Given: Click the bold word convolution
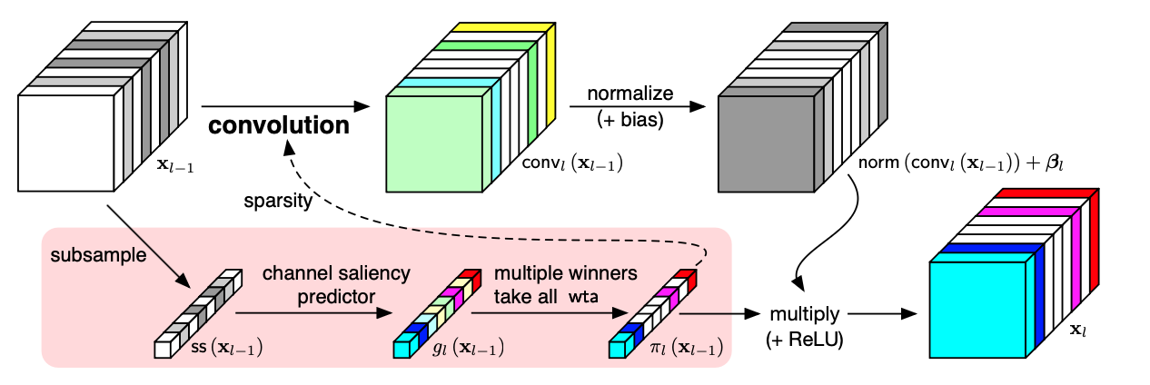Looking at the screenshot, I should [x=279, y=125].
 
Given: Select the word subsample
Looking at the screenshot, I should [x=88, y=255].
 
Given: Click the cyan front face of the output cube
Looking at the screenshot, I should [x=979, y=311].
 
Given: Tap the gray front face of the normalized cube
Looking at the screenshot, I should [x=765, y=145].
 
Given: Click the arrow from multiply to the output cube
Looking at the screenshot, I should [x=879, y=313].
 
